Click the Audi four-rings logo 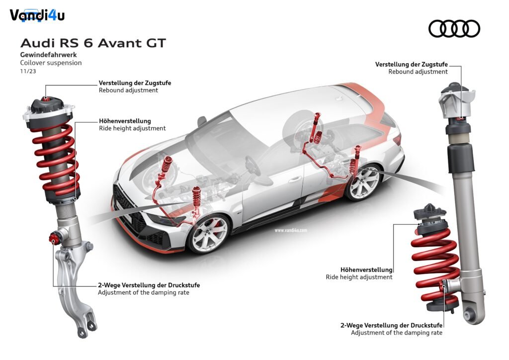click(454, 28)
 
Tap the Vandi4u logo click(37, 15)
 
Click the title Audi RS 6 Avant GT click(93, 43)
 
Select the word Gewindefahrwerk click(49, 55)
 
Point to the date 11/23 click(28, 71)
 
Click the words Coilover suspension click(51, 63)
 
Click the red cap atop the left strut click(46, 98)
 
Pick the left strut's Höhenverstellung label click(125, 121)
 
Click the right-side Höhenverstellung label click(366, 270)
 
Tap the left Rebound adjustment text click(128, 90)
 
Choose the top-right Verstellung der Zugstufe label click(411, 64)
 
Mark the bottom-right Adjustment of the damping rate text click(396, 333)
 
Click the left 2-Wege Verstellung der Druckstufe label click(149, 285)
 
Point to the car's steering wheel click(253, 166)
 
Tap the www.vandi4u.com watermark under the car click(290, 231)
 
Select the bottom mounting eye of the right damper click(468, 314)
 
